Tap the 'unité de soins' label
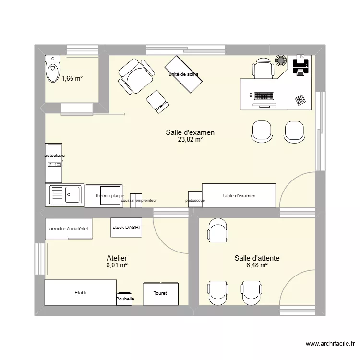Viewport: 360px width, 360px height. coord(183,74)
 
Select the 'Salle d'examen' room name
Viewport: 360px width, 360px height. coord(190,132)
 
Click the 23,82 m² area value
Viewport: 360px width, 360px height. coord(190,140)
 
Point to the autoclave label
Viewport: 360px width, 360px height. coord(54,156)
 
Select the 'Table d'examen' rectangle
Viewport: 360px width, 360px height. coord(239,196)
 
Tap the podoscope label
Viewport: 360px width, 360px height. coord(195,201)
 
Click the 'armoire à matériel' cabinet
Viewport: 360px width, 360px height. coord(69,229)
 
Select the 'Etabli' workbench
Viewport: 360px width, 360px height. coord(81,292)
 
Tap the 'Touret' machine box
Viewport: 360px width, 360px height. coord(160,293)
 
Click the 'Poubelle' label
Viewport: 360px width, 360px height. coord(125,299)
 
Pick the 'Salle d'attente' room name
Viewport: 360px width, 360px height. coord(257,258)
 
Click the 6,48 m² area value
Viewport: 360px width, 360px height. coord(257,265)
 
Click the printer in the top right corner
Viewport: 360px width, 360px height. coord(300,65)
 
